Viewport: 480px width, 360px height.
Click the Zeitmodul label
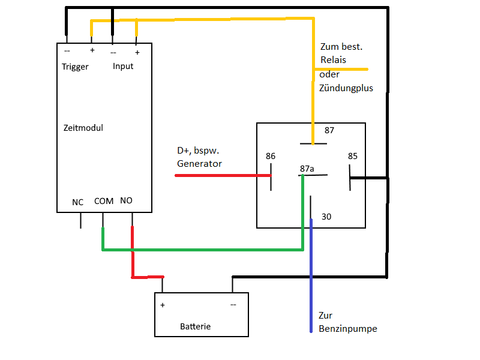tap(83, 128)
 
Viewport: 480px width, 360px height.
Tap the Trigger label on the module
tap(75, 67)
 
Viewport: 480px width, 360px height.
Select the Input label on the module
tap(123, 66)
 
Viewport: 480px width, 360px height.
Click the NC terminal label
tap(78, 202)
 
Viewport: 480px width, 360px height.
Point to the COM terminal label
tap(104, 201)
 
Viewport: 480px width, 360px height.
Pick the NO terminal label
tap(126, 200)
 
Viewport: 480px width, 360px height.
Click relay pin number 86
tap(271, 157)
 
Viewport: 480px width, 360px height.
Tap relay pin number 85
tap(353, 157)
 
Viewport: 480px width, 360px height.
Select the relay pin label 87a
tap(307, 169)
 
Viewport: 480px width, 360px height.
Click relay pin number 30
tap(326, 217)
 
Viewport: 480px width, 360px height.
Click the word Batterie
tap(195, 327)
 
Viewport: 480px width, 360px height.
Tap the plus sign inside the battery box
tap(163, 305)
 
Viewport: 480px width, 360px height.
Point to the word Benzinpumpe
tap(348, 329)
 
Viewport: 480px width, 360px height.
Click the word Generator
tap(199, 164)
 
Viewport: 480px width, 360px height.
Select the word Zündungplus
tap(346, 88)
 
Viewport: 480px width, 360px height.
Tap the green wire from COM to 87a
tap(204, 250)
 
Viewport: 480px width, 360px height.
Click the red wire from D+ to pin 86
tap(222, 175)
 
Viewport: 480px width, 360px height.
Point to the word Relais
tap(333, 60)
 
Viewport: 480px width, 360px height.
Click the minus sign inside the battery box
tap(233, 305)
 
